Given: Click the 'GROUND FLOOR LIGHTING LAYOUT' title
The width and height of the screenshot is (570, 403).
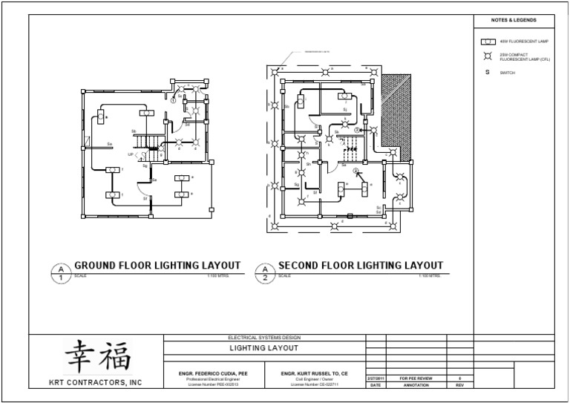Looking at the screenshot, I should pyautogui.click(x=157, y=266).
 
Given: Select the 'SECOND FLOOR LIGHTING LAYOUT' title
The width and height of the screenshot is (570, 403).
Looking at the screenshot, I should pyautogui.click(x=361, y=266).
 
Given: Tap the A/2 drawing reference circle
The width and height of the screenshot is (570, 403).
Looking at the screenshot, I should pyautogui.click(x=264, y=272).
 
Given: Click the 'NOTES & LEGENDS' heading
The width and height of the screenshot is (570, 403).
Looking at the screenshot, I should pyautogui.click(x=514, y=20).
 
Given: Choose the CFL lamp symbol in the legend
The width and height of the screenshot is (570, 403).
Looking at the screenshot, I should pyautogui.click(x=488, y=57).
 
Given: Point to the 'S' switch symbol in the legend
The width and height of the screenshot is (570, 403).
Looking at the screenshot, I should pyautogui.click(x=488, y=73).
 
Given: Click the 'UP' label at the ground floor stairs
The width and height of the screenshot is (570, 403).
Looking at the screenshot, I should pyautogui.click(x=131, y=154).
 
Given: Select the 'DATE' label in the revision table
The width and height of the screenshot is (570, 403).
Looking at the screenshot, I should pyautogui.click(x=376, y=386).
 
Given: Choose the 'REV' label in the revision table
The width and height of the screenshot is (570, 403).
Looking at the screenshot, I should pyautogui.click(x=459, y=386).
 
